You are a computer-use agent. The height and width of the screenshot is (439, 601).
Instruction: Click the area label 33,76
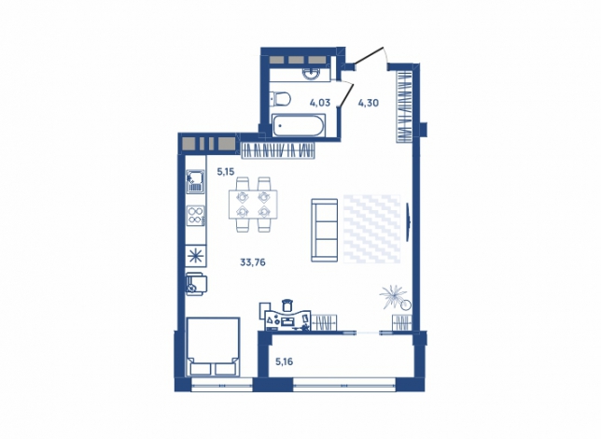click(253, 262)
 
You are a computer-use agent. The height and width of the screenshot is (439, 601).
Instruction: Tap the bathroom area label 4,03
click(320, 103)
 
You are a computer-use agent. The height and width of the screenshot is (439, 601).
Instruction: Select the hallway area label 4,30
click(369, 103)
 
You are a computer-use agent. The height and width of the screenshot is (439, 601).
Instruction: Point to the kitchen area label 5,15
click(226, 172)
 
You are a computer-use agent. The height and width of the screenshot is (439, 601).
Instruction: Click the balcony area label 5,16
click(285, 361)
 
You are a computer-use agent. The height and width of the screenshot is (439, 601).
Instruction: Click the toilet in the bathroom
click(280, 99)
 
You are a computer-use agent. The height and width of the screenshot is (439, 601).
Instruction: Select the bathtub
click(299, 125)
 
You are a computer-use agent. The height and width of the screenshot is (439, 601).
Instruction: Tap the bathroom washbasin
click(314, 73)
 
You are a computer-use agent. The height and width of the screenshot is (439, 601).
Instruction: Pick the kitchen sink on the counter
click(195, 182)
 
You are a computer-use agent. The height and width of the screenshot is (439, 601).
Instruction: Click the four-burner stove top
click(195, 215)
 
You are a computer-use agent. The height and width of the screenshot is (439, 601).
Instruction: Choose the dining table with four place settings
click(253, 205)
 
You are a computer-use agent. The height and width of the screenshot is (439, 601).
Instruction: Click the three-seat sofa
click(324, 231)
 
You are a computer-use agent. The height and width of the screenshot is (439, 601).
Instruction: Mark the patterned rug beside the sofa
click(371, 229)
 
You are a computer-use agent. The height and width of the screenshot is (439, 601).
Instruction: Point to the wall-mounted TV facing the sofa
click(408, 222)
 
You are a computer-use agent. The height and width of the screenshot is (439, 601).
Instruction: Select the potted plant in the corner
click(394, 297)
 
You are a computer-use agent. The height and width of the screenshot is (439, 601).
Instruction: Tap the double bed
click(213, 347)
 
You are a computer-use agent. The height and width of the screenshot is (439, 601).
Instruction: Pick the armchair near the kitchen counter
click(196, 284)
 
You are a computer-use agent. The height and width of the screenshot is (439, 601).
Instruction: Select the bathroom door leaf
click(347, 94)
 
